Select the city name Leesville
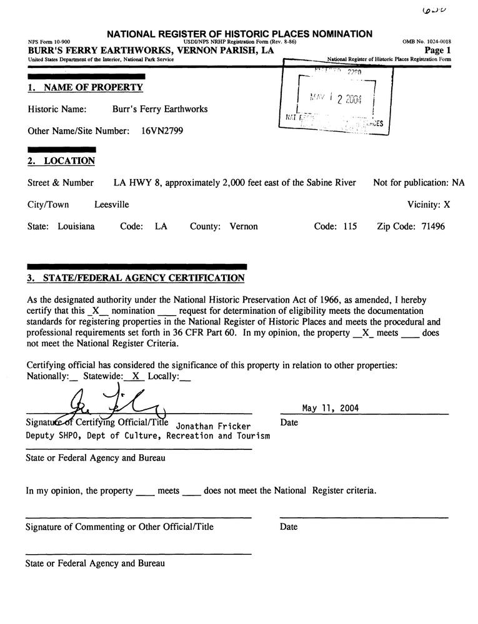pos(112,205)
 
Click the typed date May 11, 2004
pos(331,409)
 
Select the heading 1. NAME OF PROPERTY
pos(85,88)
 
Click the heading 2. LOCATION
pos(61,161)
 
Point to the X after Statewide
pos(135,376)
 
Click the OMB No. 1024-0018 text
pos(427,42)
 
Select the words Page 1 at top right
pos(437,50)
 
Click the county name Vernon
pos(244,227)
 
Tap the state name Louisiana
pos(76,227)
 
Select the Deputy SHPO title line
pos(147,436)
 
